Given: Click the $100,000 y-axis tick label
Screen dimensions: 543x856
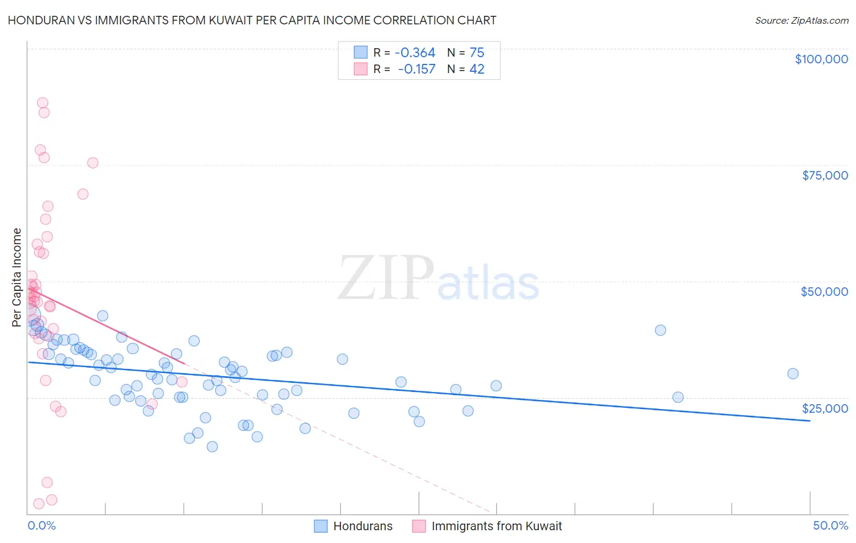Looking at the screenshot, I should coord(821,59).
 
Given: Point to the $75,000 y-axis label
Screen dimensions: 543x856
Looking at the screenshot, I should coord(824,175).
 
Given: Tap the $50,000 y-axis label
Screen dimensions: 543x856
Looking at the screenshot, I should coord(824,292).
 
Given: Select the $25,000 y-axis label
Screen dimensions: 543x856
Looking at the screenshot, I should coord(824,408).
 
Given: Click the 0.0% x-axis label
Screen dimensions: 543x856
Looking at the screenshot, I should coord(41,525).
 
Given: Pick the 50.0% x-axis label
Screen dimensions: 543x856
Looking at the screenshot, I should coord(830,525).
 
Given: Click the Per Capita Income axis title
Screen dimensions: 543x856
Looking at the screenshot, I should coord(17,277).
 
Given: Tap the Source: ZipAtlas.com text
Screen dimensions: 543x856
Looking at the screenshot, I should coord(801,20).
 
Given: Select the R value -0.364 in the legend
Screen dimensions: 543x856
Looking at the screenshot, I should coord(415,53).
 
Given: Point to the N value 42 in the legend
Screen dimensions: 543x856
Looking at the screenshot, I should coord(477,69).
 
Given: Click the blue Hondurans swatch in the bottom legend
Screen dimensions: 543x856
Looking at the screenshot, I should coord(321,526).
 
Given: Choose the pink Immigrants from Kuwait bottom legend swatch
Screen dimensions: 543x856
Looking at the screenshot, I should coord(419,526).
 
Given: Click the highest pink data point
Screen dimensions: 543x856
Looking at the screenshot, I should coord(43,103).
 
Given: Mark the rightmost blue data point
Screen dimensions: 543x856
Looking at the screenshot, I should coord(793,374).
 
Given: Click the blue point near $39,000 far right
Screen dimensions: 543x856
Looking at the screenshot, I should coord(661,330).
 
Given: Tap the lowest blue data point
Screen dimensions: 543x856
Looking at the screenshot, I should coord(212,446).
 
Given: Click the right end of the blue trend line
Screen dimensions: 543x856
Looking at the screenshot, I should coord(810,421).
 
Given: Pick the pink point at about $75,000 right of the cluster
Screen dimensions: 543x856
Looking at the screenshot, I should coord(93,163).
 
